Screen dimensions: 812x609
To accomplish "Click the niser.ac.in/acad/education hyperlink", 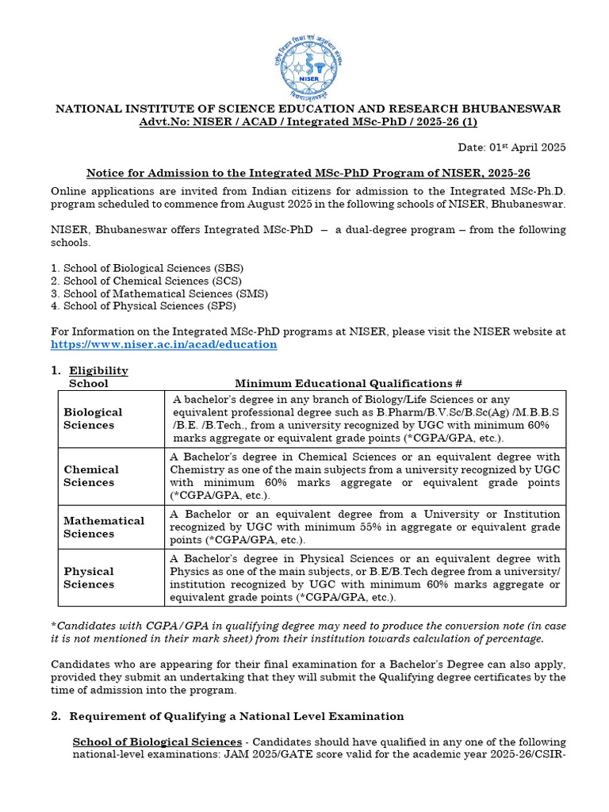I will pyautogui.click(x=163, y=344).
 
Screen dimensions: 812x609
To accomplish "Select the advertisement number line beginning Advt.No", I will pyautogui.click(x=308, y=121).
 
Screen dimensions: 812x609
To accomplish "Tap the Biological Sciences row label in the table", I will pyautogui.click(x=93, y=419).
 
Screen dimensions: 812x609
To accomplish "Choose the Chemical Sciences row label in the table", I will pyautogui.click(x=91, y=476).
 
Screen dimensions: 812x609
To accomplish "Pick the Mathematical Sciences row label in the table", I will pyautogui.click(x=104, y=527).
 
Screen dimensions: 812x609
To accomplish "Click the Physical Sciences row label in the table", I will pyautogui.click(x=89, y=577).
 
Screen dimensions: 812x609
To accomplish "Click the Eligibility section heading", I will pyautogui.click(x=98, y=371).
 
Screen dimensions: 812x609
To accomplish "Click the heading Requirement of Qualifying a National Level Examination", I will pyautogui.click(x=236, y=716).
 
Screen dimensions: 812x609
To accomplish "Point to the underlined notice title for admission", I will pyautogui.click(x=308, y=173).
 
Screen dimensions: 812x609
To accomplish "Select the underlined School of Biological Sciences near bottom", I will pyautogui.click(x=157, y=742).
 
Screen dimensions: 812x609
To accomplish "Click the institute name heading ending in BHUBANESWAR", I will pyautogui.click(x=308, y=109).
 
